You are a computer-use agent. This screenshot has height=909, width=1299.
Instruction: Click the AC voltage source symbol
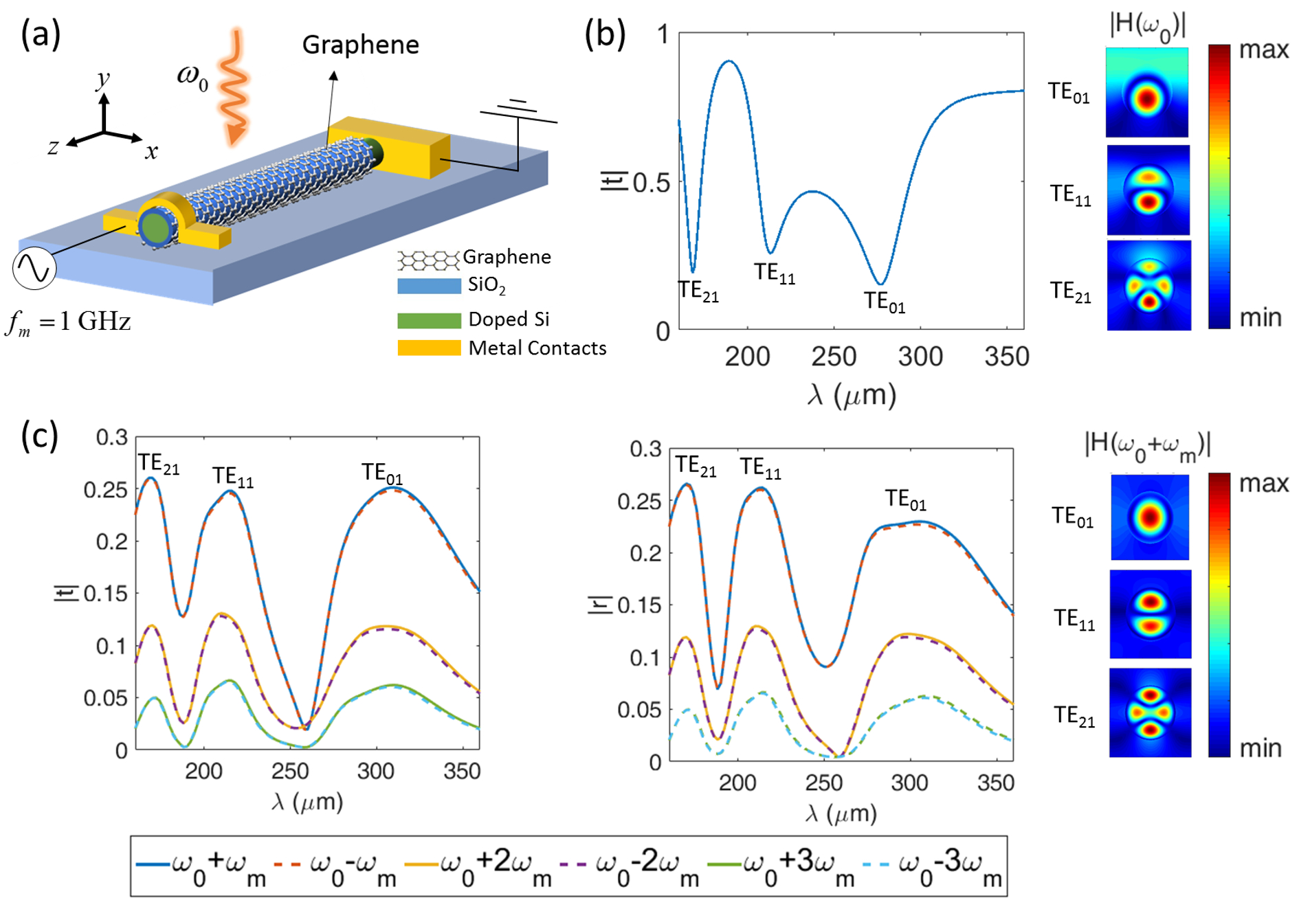click(x=34, y=268)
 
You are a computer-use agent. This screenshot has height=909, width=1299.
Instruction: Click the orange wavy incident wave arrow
click(x=234, y=86)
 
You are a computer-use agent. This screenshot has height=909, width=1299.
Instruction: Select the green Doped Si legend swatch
click(x=429, y=320)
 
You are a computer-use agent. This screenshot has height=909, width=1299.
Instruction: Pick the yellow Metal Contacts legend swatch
click(x=429, y=348)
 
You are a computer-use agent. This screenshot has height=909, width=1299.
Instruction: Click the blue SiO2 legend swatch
click(x=429, y=286)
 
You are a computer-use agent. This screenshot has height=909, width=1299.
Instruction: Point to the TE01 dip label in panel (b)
click(x=885, y=302)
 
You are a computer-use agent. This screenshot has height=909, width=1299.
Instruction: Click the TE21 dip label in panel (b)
click(x=698, y=291)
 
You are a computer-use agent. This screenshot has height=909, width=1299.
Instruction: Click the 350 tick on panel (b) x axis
click(x=1006, y=357)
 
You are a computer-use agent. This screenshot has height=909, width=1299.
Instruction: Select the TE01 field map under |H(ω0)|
click(x=1146, y=93)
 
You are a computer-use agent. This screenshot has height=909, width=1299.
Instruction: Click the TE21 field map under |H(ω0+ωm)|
click(x=1150, y=712)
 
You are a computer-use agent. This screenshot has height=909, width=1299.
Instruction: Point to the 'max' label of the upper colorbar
click(x=1263, y=50)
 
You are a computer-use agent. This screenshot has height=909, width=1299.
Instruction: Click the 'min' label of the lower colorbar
click(x=1261, y=748)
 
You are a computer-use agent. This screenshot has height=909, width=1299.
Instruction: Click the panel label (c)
click(x=40, y=436)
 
